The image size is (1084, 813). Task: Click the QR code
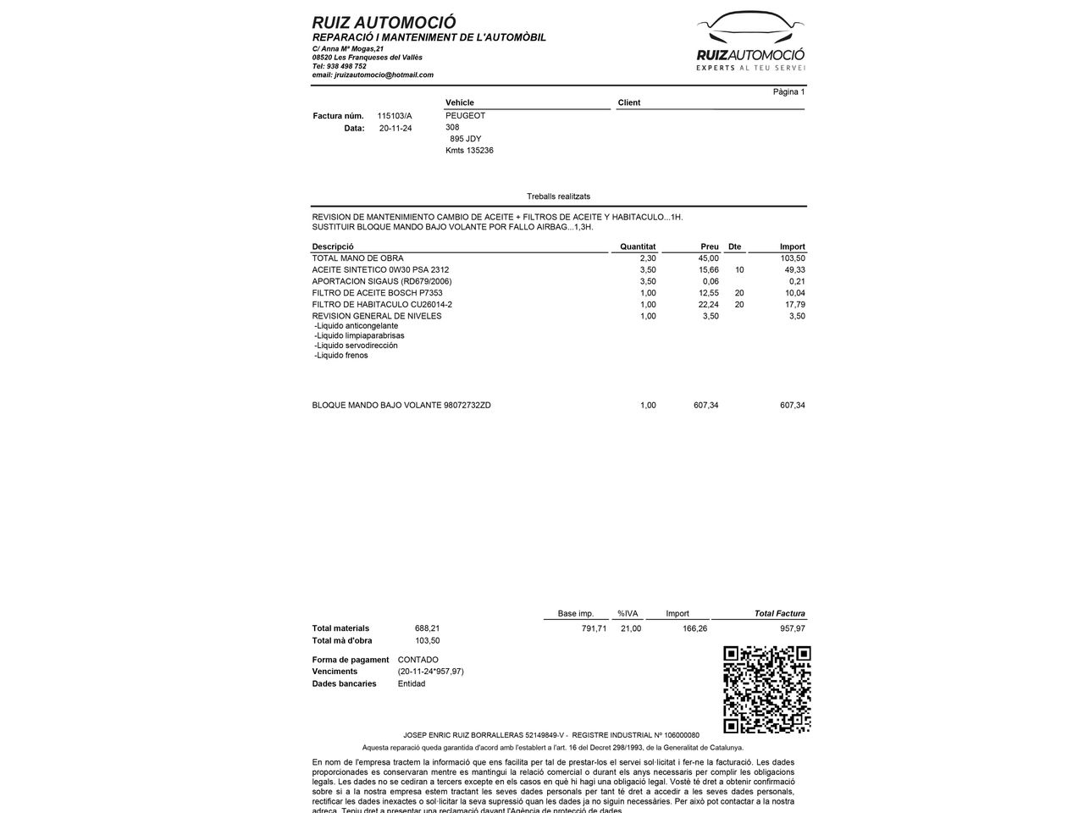point(766,689)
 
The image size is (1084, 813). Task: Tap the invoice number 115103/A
point(395,116)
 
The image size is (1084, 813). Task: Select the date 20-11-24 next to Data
point(395,129)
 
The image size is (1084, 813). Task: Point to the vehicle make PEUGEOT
point(466,116)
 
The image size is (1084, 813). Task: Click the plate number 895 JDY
point(466,139)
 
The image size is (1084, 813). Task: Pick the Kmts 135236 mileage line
point(469,151)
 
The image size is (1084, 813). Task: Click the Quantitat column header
point(638,247)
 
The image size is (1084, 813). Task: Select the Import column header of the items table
point(792,247)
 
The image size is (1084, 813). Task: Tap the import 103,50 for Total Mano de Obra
point(793,258)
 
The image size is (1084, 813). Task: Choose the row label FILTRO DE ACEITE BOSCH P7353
point(377,293)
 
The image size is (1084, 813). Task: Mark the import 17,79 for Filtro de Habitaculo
point(794,305)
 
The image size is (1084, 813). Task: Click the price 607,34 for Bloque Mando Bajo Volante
point(705,406)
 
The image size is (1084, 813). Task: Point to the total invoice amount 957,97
point(792,628)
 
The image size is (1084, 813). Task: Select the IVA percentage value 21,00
point(630,628)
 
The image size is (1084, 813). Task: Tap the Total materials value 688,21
point(427,628)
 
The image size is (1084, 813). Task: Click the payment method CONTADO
point(418,660)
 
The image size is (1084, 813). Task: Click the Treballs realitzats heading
point(558,196)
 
